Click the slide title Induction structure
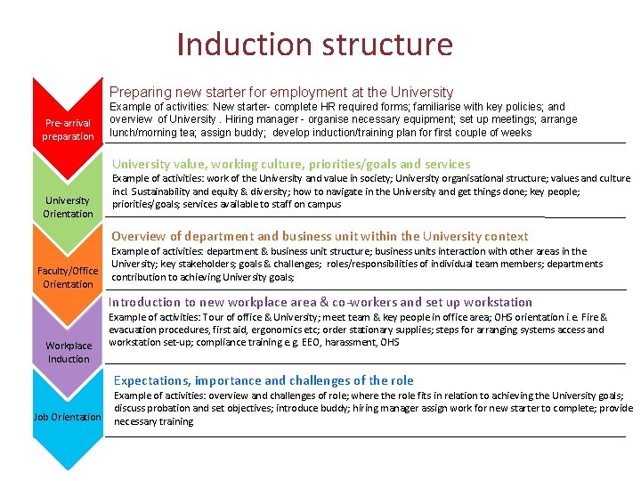[314, 44]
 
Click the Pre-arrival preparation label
[68, 129]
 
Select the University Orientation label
[68, 207]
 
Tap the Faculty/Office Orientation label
[68, 277]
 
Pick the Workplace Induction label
[69, 352]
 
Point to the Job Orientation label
[67, 417]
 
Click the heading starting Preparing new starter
[280, 92]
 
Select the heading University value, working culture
[290, 164]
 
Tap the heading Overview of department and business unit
[320, 236]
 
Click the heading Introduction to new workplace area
[321, 302]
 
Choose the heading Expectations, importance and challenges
[264, 380]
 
